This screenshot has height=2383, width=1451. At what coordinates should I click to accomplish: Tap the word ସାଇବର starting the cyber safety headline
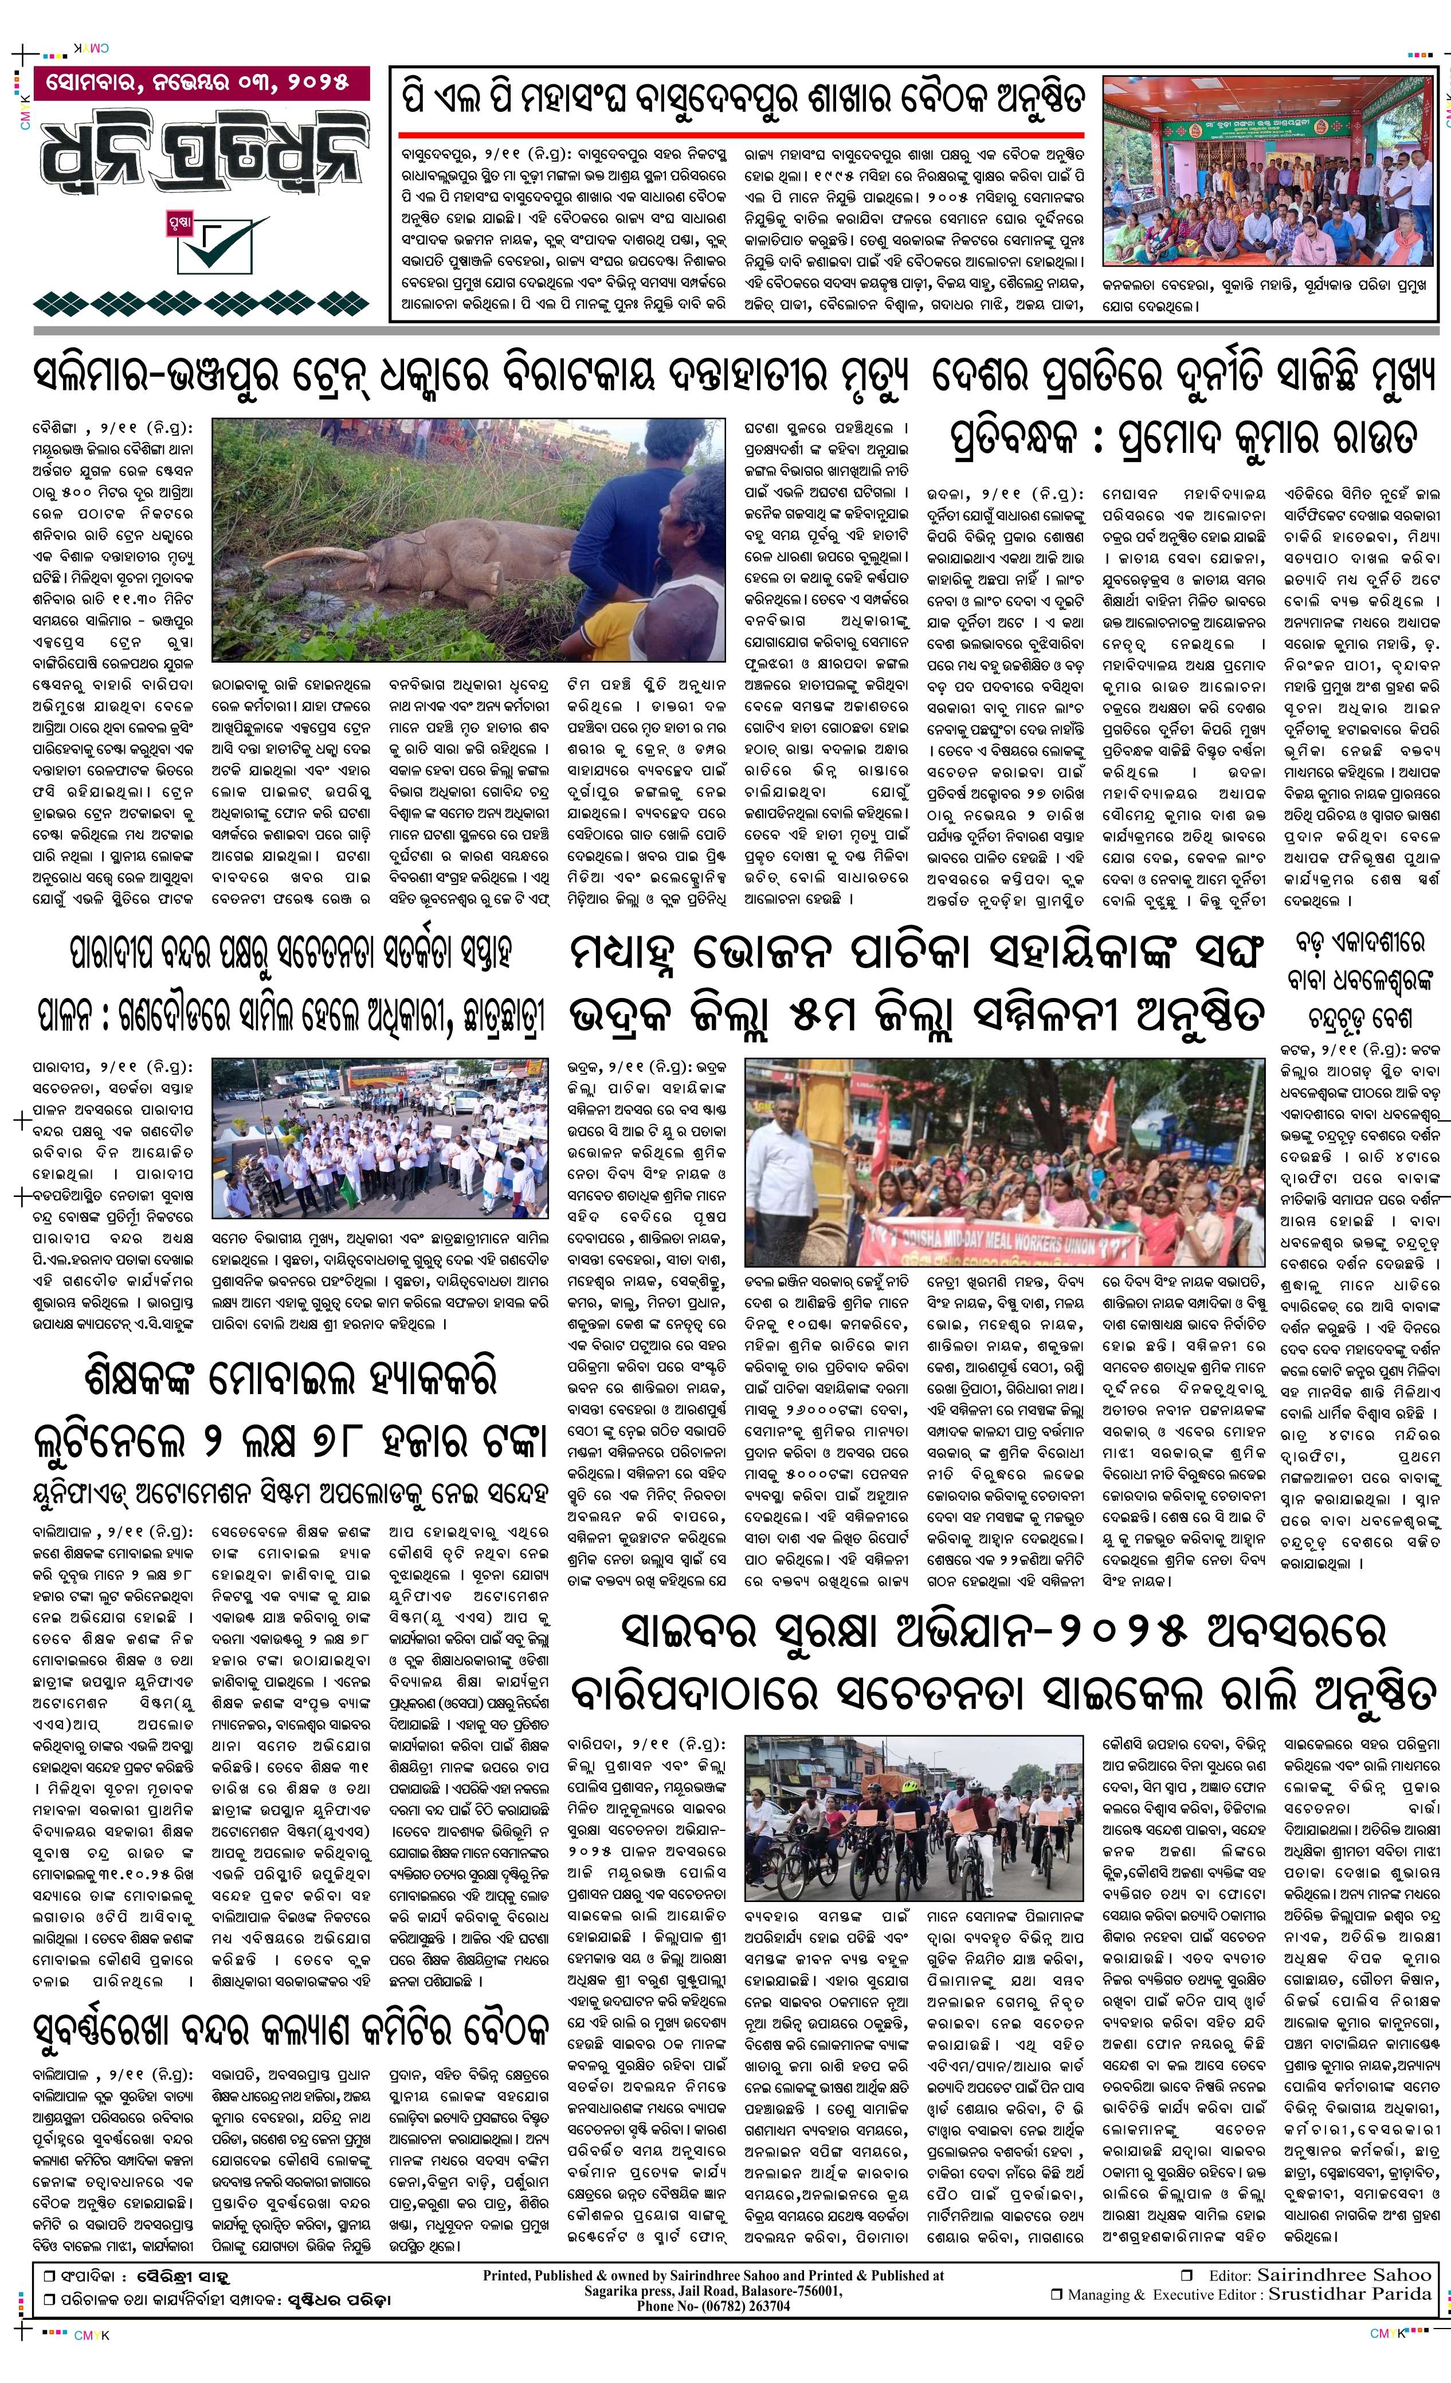[697, 1634]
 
